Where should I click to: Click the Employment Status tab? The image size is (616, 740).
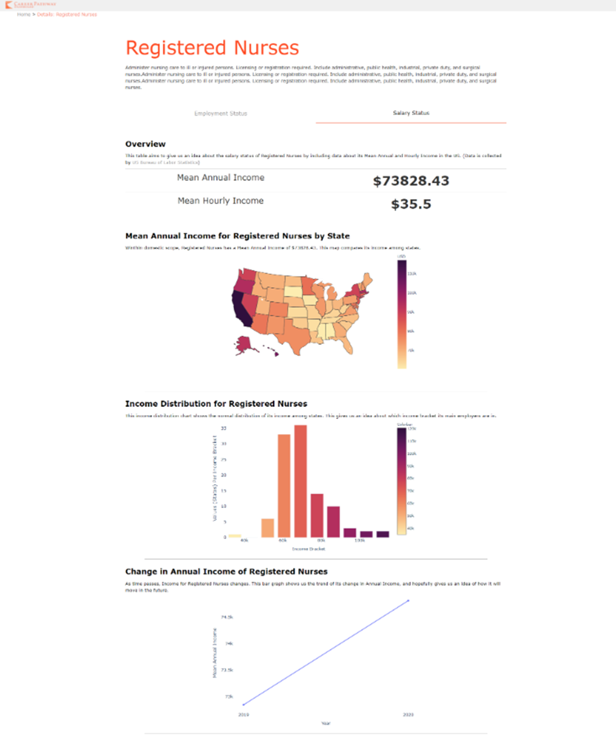click(x=220, y=114)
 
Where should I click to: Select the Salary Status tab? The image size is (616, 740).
click(x=411, y=113)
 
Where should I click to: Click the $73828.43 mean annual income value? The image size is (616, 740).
click(x=411, y=181)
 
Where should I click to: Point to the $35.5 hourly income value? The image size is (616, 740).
click(x=411, y=204)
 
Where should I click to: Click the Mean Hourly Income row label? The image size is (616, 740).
click(x=220, y=201)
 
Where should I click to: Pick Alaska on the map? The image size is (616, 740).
click(x=243, y=344)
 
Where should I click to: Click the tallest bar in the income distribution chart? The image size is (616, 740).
click(x=300, y=480)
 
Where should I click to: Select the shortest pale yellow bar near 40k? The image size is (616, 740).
click(x=235, y=535)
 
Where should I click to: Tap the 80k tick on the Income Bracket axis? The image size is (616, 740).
click(x=321, y=542)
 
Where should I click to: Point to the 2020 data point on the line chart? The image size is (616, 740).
click(x=409, y=600)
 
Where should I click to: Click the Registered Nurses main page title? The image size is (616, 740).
click(x=212, y=48)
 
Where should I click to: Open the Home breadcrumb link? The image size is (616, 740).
click(x=23, y=14)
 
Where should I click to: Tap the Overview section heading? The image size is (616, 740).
click(x=145, y=144)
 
